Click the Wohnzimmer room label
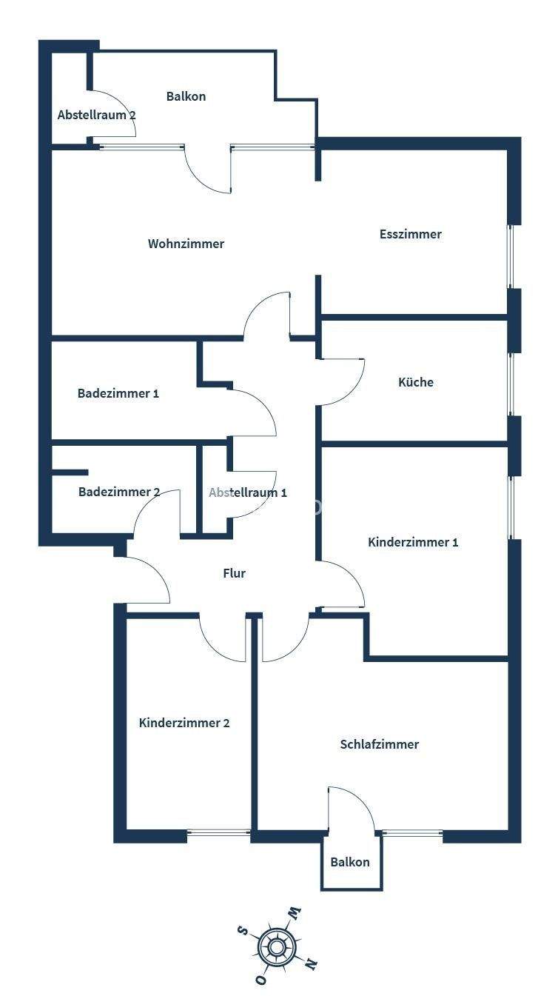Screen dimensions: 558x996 click(x=186, y=244)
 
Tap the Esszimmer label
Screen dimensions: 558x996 click(x=410, y=234)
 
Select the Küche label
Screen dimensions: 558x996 click(x=415, y=382)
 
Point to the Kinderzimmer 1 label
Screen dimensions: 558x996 click(x=413, y=542)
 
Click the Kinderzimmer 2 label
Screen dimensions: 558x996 click(x=184, y=723)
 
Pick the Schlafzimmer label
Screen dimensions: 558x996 click(x=379, y=744)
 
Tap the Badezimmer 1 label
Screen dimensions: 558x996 click(x=118, y=393)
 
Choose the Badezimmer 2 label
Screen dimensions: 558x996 click(x=119, y=492)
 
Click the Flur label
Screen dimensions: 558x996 click(x=234, y=573)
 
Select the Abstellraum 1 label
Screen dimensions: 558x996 click(x=247, y=492)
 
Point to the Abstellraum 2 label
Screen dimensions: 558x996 click(x=96, y=115)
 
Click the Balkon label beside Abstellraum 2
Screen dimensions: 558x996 click(x=186, y=96)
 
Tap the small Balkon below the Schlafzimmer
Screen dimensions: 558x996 click(x=350, y=862)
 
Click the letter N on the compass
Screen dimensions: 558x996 click(x=312, y=964)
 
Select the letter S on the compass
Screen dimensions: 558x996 click(x=242, y=930)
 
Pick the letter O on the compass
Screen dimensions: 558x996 click(x=260, y=979)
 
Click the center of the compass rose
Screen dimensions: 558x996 click(x=277, y=946)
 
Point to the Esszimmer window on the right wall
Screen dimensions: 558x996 click(x=510, y=255)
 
